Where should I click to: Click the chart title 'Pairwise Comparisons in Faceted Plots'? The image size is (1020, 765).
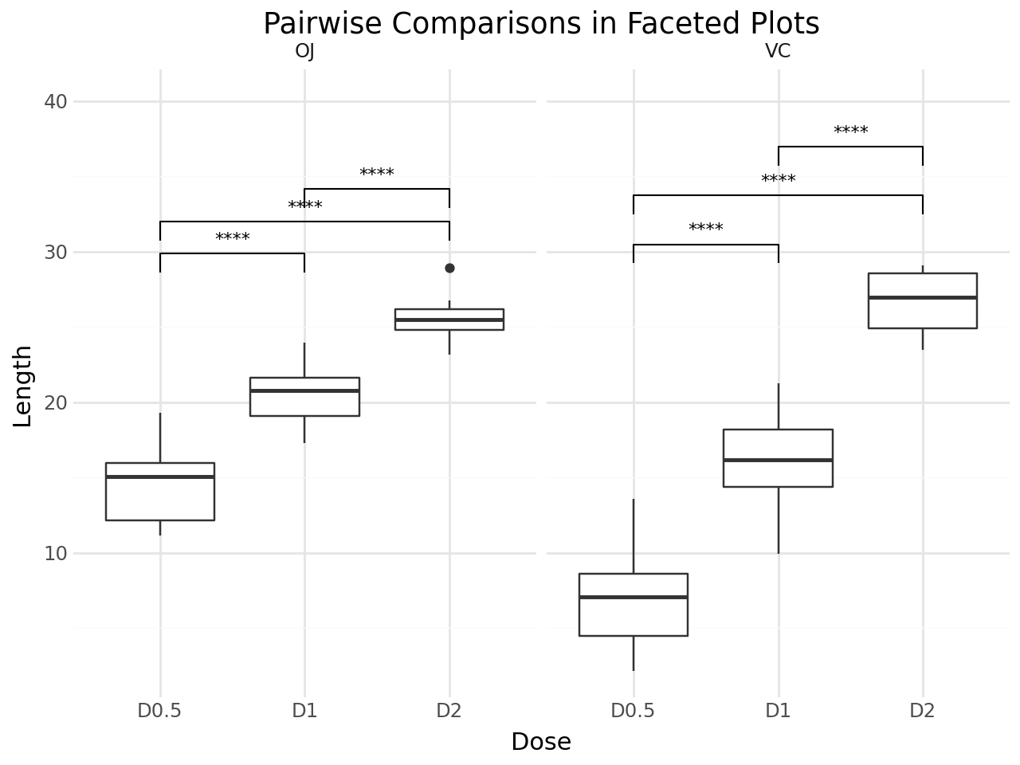pos(541,24)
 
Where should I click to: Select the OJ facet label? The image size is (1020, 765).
pos(304,52)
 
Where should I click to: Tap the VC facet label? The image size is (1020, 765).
pos(778,52)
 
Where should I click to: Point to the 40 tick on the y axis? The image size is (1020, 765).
pos(57,102)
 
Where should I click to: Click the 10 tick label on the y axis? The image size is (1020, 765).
pos(57,554)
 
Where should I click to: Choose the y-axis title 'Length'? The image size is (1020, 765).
pos(23,386)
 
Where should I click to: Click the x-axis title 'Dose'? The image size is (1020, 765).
pos(541,742)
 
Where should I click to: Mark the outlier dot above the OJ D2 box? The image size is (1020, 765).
pos(449,269)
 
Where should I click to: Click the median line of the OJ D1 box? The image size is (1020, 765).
pos(304,390)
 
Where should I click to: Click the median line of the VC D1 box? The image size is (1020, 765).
pos(778,460)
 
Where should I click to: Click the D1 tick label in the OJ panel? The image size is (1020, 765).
pos(304,710)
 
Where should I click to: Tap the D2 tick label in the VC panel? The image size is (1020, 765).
pos(923,710)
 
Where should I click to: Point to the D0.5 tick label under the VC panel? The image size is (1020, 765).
pos(634,710)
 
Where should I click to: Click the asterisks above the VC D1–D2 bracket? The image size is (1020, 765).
pos(850,131)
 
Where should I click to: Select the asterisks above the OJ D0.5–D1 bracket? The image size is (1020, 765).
pos(233,238)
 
